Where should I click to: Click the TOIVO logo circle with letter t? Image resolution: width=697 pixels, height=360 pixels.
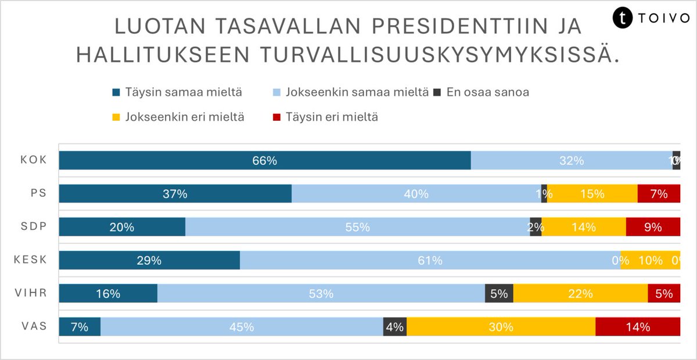623,17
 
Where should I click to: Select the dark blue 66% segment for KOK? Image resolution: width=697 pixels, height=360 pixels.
264,161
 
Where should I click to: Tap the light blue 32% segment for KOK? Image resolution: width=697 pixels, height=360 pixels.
571,161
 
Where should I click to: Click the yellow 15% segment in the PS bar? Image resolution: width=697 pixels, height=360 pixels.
592,194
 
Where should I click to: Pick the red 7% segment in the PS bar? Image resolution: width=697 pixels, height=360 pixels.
659,194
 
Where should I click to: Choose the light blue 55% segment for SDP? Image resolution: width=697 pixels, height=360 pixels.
357,227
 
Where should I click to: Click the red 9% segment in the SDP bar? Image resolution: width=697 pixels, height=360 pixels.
653,227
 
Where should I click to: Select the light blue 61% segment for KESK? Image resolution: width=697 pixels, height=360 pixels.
430,261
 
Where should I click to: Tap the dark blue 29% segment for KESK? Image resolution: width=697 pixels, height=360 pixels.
149,261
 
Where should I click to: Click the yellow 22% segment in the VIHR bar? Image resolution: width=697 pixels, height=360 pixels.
580,294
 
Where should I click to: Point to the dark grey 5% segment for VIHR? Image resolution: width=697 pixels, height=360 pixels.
499,294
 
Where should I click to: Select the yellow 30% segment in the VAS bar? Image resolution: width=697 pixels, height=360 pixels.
501,327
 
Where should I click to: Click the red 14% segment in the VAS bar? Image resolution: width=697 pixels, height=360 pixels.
637,327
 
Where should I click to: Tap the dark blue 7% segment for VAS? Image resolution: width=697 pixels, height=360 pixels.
80,327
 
